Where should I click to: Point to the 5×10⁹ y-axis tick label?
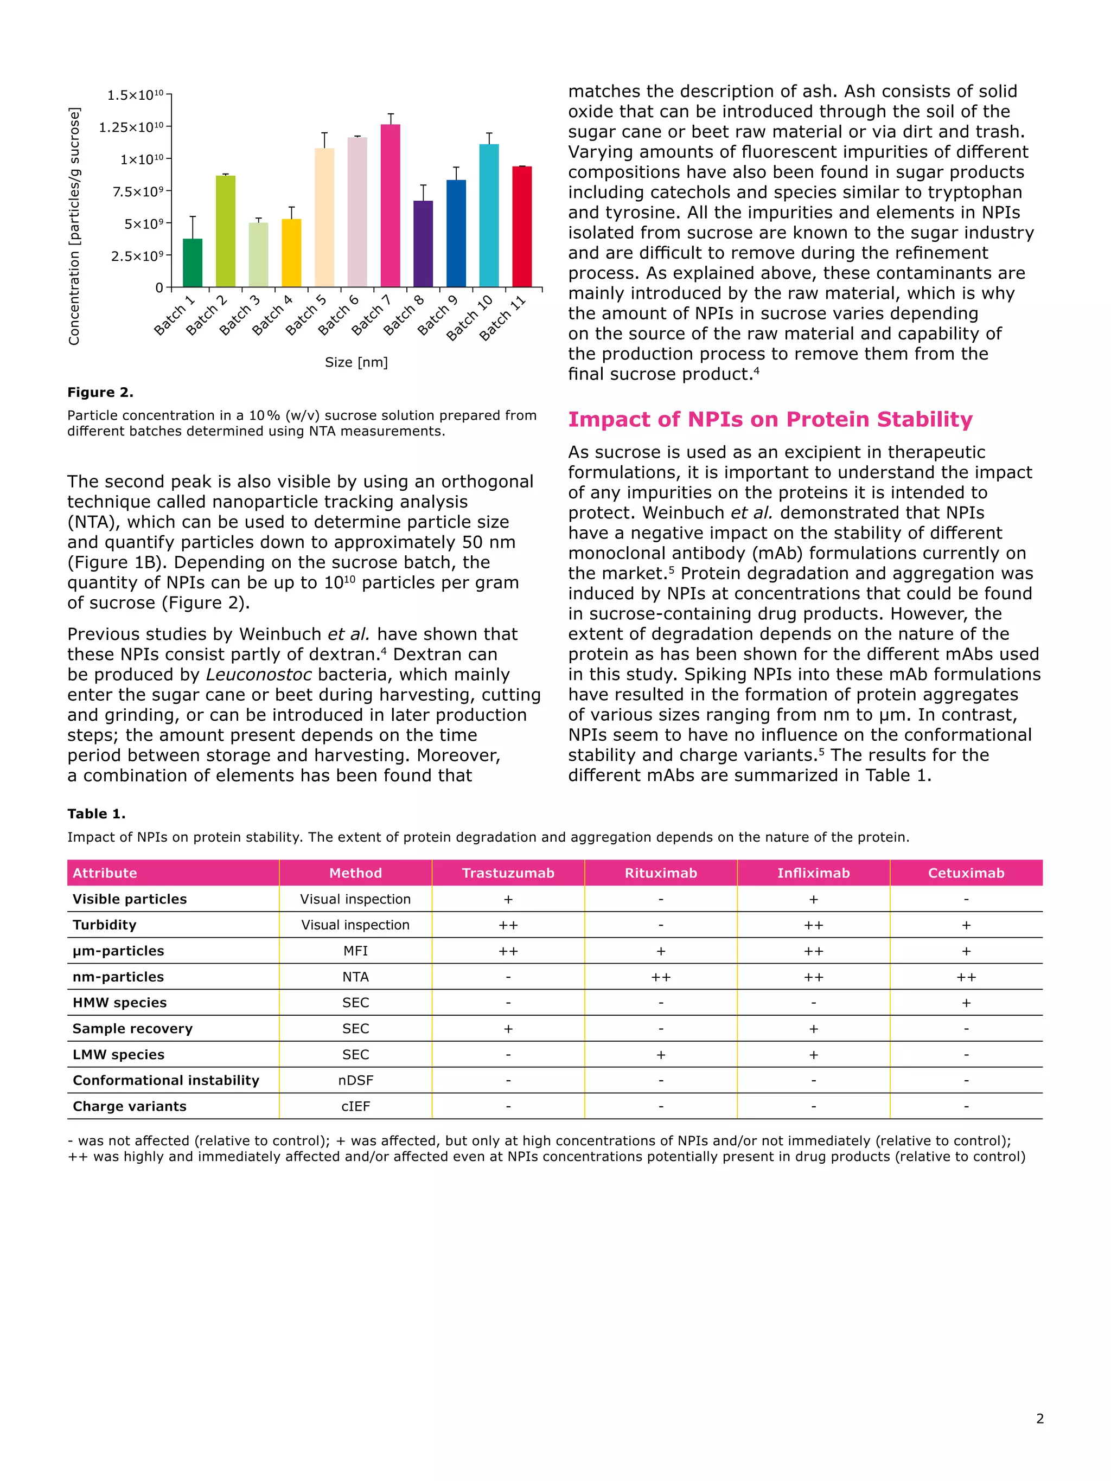pos(143,223)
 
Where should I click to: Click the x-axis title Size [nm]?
pos(356,362)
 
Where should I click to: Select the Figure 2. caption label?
pos(100,392)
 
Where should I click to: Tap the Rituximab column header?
pos(660,873)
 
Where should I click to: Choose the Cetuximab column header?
pos(966,873)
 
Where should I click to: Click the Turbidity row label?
pos(105,925)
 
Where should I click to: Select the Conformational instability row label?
pos(165,1080)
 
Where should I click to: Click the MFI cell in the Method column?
pos(356,951)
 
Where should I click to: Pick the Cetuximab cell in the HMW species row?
pos(966,1002)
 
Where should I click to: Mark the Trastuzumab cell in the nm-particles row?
pos(508,977)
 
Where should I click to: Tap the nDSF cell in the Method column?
pos(356,1080)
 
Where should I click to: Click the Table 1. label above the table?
pos(97,813)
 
